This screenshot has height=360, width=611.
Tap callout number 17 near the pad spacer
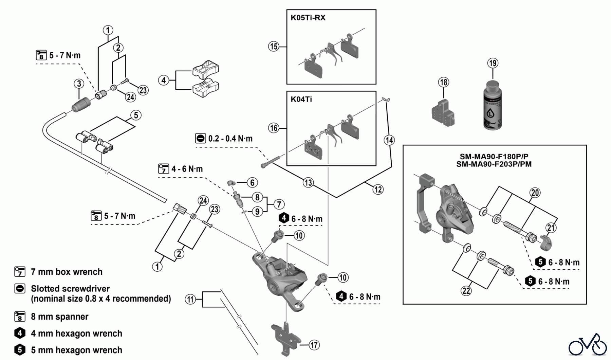click(x=314, y=345)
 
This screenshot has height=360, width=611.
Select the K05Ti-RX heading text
click(x=308, y=18)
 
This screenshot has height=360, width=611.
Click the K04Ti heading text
click(x=301, y=99)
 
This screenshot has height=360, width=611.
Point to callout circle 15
click(x=274, y=46)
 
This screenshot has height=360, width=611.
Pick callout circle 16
click(x=274, y=128)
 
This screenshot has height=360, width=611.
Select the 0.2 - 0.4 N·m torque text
click(x=230, y=139)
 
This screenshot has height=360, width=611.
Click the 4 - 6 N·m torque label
click(x=187, y=169)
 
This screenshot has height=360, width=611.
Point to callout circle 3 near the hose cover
click(x=79, y=84)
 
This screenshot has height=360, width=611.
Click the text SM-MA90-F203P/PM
click(x=494, y=164)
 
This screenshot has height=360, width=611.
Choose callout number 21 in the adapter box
click(x=551, y=228)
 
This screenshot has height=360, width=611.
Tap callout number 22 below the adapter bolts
click(x=466, y=291)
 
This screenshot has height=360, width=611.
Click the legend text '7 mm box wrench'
click(x=67, y=272)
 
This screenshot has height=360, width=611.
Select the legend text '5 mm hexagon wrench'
click(x=76, y=350)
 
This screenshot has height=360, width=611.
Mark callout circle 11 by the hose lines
click(x=190, y=300)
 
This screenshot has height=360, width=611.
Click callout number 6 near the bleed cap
click(x=252, y=183)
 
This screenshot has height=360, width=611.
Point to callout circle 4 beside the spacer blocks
click(x=164, y=80)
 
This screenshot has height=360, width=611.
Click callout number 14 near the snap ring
click(x=389, y=140)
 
